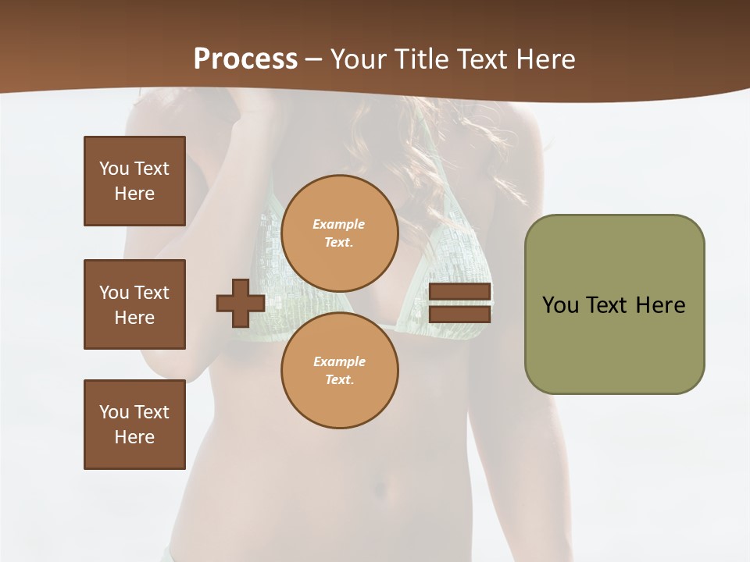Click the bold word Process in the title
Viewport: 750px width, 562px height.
click(x=245, y=59)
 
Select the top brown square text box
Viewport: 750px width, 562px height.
click(x=134, y=181)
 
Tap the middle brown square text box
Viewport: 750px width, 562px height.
click(x=134, y=304)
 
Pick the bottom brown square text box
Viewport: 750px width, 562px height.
click(x=134, y=425)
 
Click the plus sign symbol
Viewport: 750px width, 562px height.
click(x=241, y=304)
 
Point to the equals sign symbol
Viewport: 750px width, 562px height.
click(x=459, y=304)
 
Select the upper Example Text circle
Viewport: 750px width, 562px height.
click(x=339, y=233)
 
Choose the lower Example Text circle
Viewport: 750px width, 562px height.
click(x=339, y=371)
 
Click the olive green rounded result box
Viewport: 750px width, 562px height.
click(x=614, y=304)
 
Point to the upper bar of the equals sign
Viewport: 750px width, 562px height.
click(x=459, y=292)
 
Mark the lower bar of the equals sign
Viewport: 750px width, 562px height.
click(x=459, y=315)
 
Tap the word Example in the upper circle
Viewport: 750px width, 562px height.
click(x=339, y=224)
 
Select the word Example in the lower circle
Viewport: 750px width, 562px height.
click(x=339, y=361)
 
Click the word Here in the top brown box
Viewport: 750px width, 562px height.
click(x=134, y=194)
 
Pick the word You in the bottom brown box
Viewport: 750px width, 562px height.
click(x=113, y=412)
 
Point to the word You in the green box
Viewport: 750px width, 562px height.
click(x=560, y=305)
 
